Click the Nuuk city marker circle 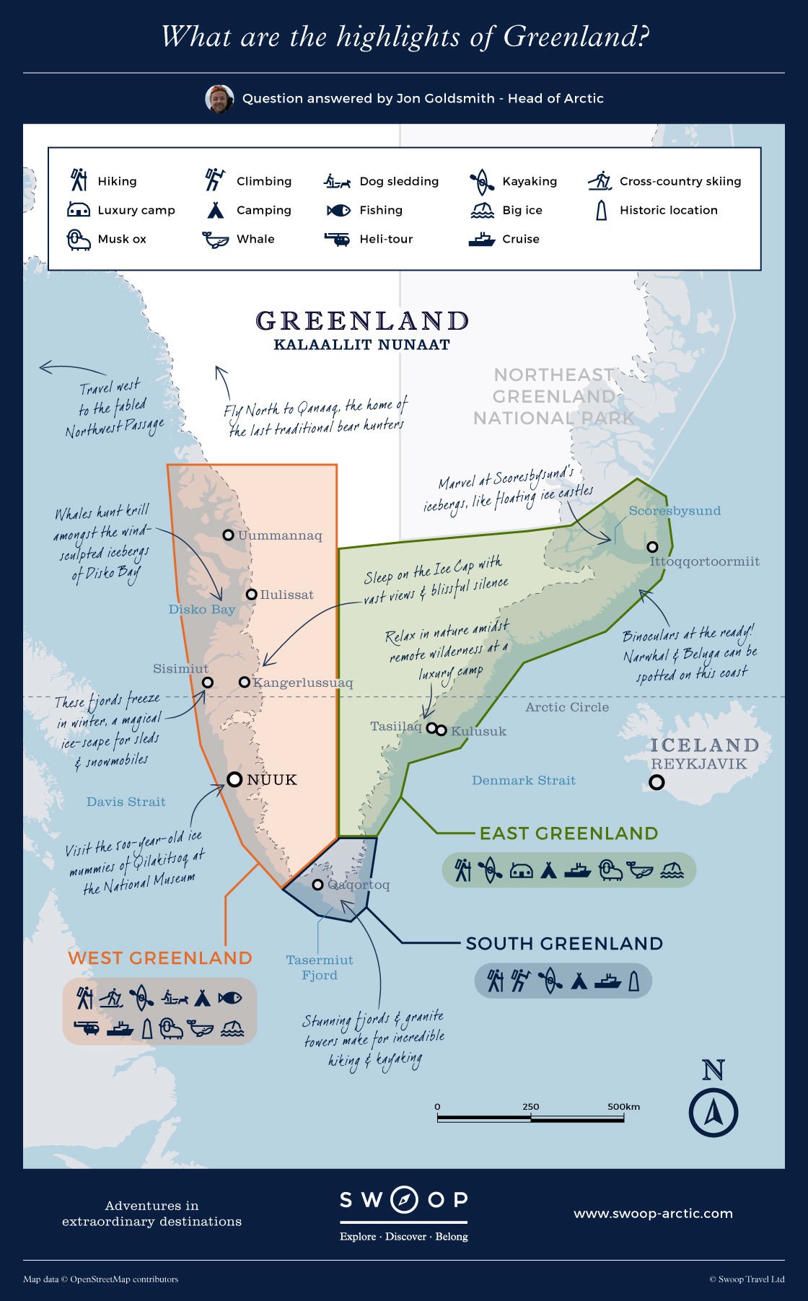click(234, 779)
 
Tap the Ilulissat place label click(286, 595)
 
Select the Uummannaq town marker click(228, 535)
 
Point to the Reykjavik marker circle click(656, 782)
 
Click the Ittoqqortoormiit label click(704, 561)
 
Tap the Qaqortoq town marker click(317, 885)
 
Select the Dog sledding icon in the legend click(337, 181)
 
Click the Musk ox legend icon click(79, 240)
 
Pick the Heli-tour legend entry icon click(337, 239)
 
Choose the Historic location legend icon click(601, 211)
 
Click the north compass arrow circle click(713, 1112)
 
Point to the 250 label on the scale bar click(530, 1106)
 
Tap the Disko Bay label click(202, 610)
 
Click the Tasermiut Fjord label click(320, 968)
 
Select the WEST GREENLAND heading click(159, 958)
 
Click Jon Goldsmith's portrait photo click(219, 99)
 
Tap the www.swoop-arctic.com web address click(653, 1214)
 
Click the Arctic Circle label click(567, 707)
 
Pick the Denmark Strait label click(523, 780)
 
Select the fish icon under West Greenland click(230, 999)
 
